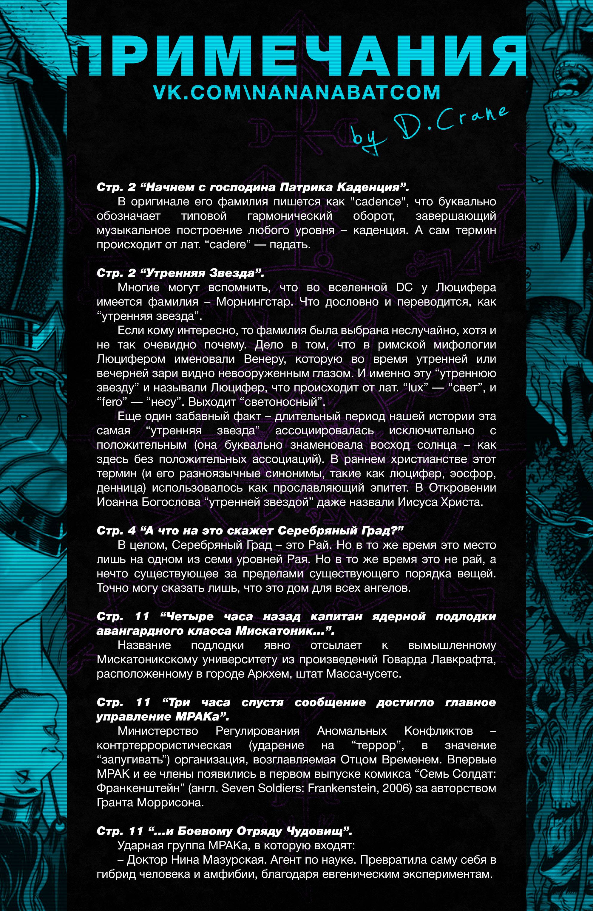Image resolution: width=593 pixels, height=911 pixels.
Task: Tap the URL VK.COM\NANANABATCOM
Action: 296,93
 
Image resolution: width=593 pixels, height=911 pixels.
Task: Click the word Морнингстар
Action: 255,302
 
